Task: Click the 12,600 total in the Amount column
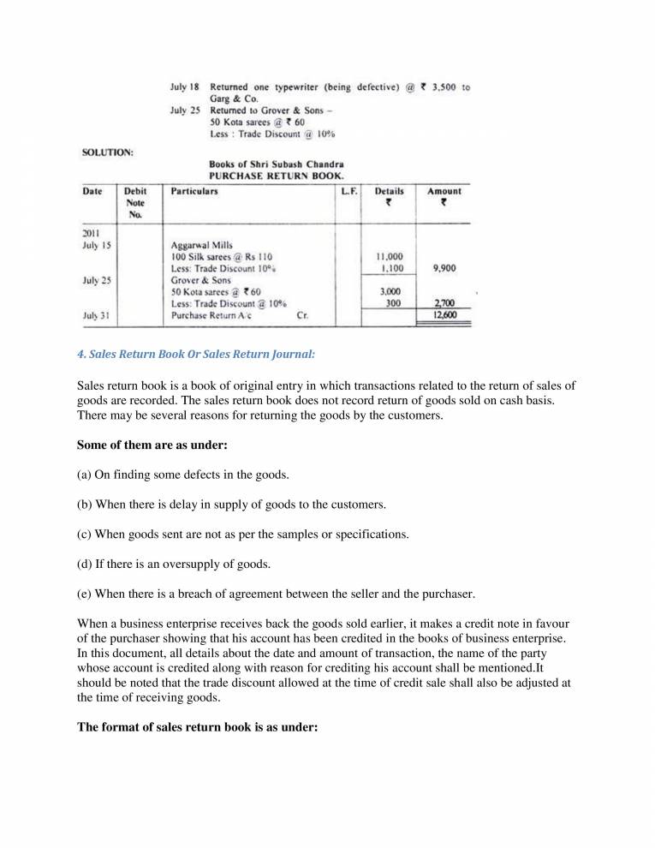[x=444, y=315]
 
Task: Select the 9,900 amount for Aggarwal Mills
[x=444, y=268]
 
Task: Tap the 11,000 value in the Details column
[x=390, y=256]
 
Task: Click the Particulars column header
[x=194, y=191]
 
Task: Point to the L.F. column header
[x=348, y=191]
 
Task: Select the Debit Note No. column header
[x=135, y=203]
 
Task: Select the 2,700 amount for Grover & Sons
[x=444, y=303]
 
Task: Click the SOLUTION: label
[x=107, y=152]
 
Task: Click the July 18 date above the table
[x=185, y=87]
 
